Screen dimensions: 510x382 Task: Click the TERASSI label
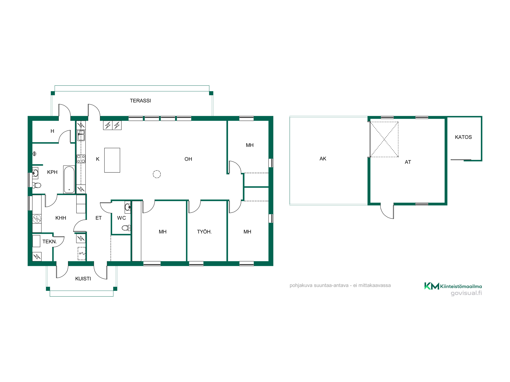pos(140,101)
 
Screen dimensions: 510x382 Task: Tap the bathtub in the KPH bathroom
pos(69,180)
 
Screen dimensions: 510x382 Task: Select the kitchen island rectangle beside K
pos(112,160)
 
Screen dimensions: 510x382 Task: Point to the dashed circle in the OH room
pos(157,174)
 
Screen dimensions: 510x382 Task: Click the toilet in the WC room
pos(126,228)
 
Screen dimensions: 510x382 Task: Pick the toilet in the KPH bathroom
pos(37,185)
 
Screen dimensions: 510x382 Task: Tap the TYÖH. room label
pos(204,232)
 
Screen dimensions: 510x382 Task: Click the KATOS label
pos(463,137)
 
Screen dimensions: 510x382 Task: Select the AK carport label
pos(323,159)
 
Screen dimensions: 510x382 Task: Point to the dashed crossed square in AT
pos(384,140)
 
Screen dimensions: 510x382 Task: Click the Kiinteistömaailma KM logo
pos(432,286)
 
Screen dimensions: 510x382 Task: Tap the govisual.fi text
pos(466,293)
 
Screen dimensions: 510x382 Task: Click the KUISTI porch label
pos(83,279)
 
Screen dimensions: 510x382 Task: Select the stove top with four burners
pos(81,159)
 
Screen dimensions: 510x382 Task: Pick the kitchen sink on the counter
pos(81,135)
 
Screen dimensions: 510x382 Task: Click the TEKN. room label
pos(50,242)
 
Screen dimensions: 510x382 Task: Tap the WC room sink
pos(128,207)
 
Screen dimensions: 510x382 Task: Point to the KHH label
pos(61,218)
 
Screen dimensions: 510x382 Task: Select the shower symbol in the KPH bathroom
pos(35,154)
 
